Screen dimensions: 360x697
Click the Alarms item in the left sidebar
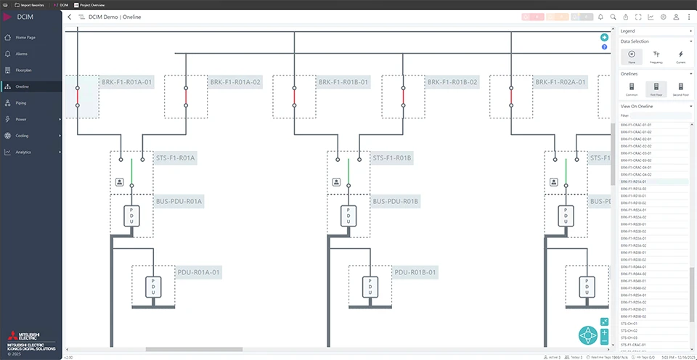tap(22, 54)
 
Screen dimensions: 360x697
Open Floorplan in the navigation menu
tap(23, 70)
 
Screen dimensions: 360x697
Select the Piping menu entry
tap(21, 103)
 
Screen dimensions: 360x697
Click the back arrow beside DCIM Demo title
tap(70, 17)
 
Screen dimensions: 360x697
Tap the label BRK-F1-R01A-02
tap(235, 83)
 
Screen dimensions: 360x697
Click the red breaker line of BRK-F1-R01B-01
tap(294, 96)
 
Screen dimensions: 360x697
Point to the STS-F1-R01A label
tap(176, 157)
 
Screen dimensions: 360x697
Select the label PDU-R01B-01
tap(415, 273)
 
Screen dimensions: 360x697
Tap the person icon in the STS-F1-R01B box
tap(336, 182)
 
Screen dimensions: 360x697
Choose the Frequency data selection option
tap(656, 57)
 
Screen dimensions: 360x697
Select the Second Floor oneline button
tap(680, 89)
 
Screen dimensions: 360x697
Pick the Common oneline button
tap(632, 89)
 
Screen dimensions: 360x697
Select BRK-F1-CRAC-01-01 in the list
tap(636, 125)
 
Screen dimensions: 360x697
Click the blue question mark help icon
tap(604, 47)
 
